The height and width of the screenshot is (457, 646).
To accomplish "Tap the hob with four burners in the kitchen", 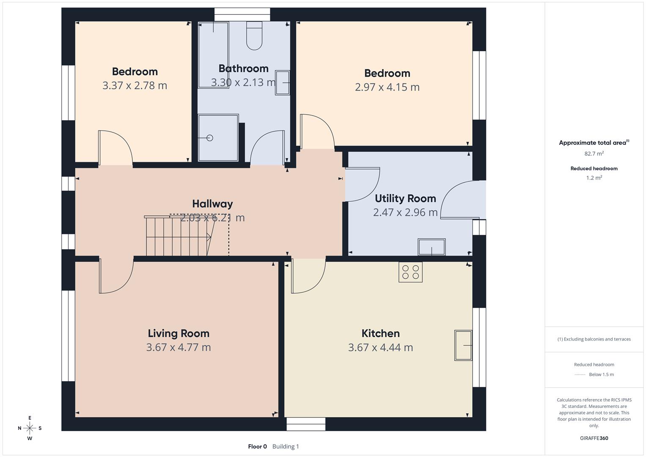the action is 410,272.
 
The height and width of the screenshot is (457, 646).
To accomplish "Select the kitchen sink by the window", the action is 463,345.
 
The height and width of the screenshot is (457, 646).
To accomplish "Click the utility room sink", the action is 432,247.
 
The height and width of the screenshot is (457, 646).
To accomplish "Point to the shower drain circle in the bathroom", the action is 210,138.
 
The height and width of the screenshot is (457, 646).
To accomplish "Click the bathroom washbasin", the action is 282,83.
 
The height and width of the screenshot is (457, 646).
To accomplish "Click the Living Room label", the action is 179,333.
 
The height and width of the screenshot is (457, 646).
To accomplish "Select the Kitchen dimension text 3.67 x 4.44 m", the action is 380,347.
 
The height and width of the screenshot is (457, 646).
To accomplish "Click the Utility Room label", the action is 405,198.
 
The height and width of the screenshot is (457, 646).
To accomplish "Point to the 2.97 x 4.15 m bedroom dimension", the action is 387,87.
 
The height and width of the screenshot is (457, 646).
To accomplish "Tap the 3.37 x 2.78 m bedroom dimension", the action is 135,85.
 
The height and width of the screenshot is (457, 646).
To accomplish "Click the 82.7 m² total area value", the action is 594,154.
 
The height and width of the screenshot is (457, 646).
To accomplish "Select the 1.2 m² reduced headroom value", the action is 594,178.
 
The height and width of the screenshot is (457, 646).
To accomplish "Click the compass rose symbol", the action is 30,428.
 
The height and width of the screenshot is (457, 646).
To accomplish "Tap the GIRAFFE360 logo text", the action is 594,438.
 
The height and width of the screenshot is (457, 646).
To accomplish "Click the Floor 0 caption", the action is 257,446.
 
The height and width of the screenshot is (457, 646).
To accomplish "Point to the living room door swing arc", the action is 124,281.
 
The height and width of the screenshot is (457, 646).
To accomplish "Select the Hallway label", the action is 212,204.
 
